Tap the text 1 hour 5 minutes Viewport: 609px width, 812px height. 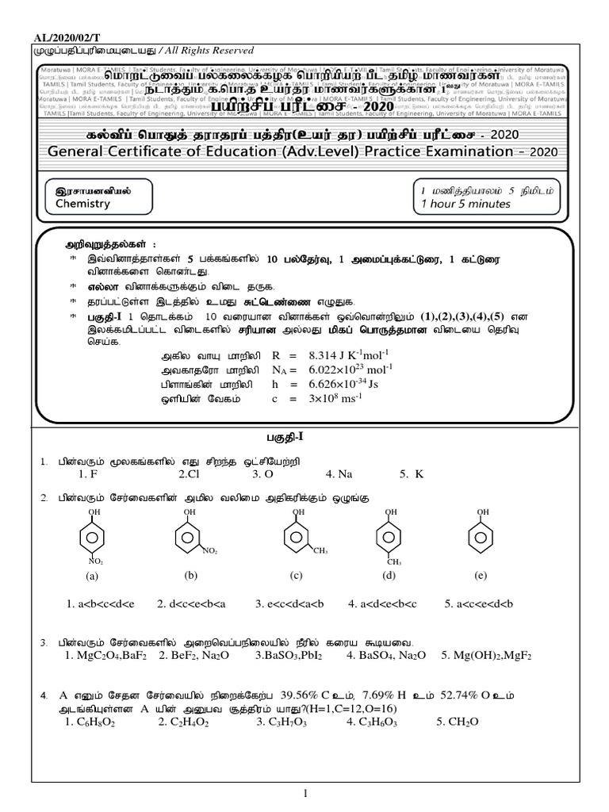point(466,204)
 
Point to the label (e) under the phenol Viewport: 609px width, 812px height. point(481,575)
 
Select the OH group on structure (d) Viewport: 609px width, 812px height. point(389,512)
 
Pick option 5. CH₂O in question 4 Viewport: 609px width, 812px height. point(457,722)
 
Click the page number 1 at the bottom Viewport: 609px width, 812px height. point(304,795)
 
